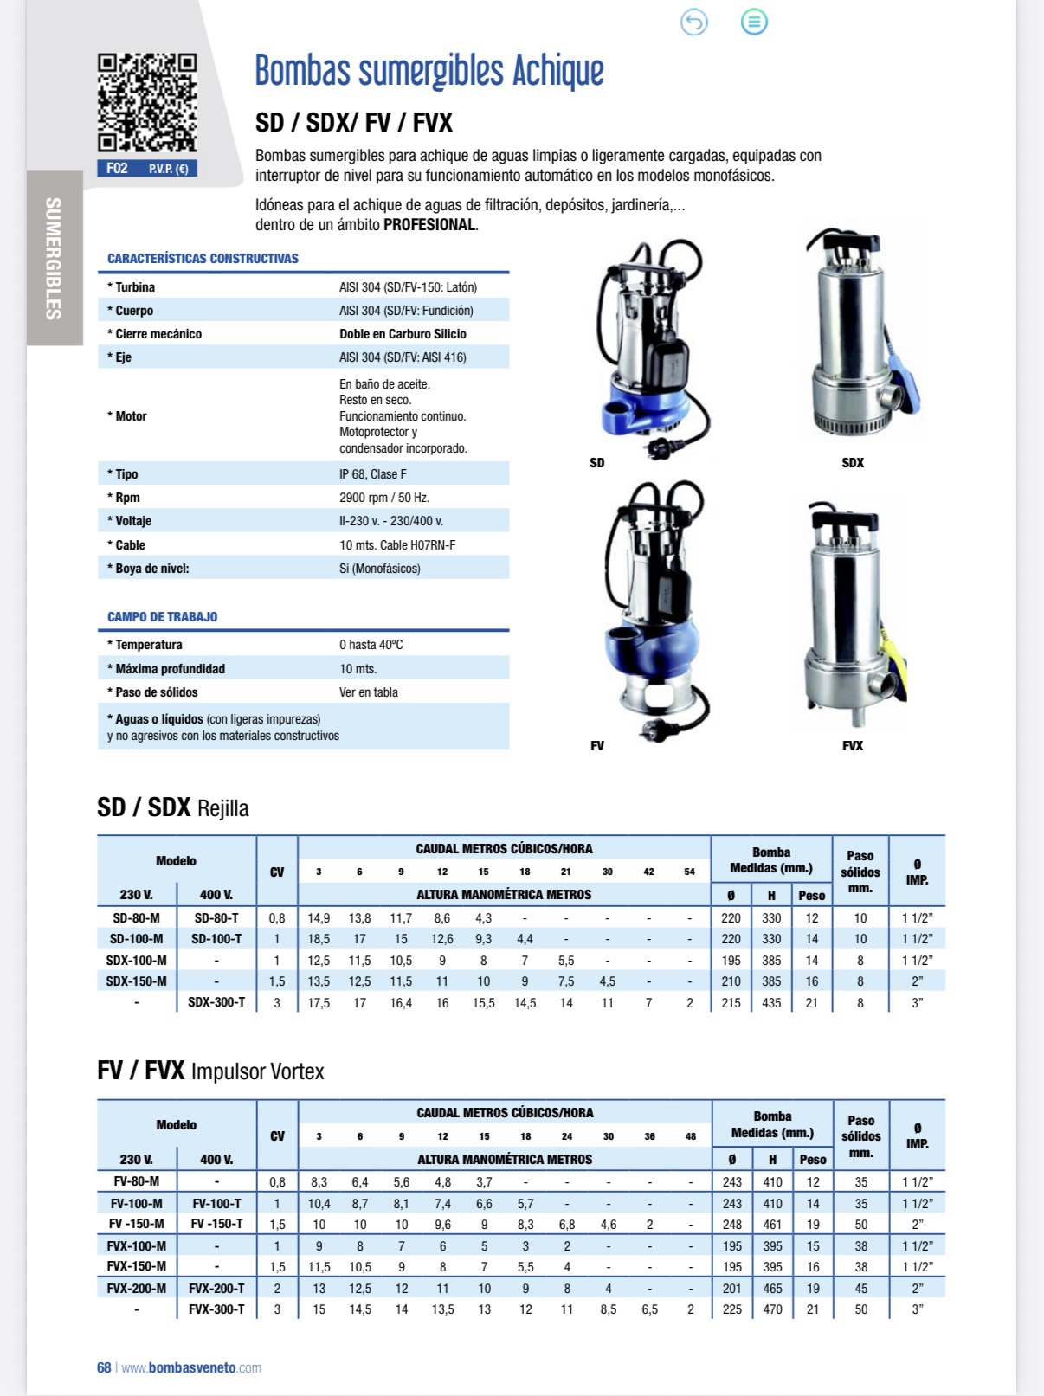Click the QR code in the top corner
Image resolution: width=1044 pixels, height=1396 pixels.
click(147, 103)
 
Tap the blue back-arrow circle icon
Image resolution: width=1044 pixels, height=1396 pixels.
click(694, 23)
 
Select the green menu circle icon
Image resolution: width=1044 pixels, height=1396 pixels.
click(754, 23)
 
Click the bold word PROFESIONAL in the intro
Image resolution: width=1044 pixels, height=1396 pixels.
click(429, 225)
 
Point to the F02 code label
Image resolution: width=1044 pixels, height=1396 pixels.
click(117, 169)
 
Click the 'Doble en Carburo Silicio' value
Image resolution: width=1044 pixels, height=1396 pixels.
click(403, 334)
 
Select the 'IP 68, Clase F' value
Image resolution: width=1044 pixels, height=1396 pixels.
click(372, 474)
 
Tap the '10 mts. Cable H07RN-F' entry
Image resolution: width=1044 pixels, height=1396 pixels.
click(397, 545)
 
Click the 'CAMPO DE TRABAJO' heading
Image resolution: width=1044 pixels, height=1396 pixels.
click(162, 617)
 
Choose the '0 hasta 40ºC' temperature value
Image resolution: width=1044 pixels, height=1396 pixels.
click(371, 645)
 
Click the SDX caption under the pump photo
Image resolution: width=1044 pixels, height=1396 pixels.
click(853, 463)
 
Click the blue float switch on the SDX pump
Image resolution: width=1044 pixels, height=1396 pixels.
click(903, 381)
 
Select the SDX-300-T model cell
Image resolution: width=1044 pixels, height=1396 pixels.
click(216, 1002)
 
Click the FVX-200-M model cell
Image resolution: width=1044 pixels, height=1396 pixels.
click(137, 1289)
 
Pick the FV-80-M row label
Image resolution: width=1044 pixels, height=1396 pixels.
click(137, 1181)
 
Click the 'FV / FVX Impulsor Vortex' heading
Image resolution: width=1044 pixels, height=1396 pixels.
click(210, 1071)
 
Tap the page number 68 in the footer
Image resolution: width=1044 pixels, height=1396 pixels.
click(104, 1368)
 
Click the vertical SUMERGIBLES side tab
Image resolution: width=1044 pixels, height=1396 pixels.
click(54, 258)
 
